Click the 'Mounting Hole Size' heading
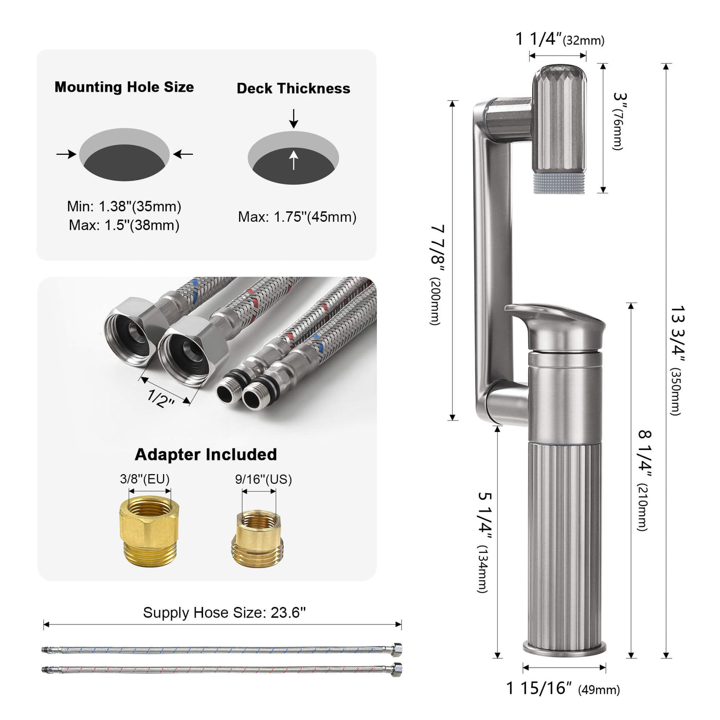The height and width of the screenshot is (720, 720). tap(124, 87)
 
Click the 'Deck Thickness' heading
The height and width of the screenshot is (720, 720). tap(293, 88)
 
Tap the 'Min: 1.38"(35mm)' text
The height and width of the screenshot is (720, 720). tap(124, 207)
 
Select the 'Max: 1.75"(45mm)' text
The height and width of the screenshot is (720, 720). tap(297, 217)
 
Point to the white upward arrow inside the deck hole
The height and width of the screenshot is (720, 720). tap(293, 160)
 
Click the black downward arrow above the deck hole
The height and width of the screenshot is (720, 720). tap(293, 118)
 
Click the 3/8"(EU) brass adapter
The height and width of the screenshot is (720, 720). tap(150, 530)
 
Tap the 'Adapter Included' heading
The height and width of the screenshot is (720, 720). tap(206, 455)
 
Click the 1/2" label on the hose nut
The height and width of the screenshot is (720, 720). tap(160, 398)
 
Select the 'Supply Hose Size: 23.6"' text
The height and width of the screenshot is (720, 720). tap(224, 613)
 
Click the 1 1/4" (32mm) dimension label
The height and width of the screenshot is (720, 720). tap(560, 39)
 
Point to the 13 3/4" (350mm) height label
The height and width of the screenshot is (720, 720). tap(677, 360)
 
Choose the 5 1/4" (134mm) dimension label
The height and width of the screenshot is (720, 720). tap(484, 542)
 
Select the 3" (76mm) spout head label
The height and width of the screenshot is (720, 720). tap(619, 121)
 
